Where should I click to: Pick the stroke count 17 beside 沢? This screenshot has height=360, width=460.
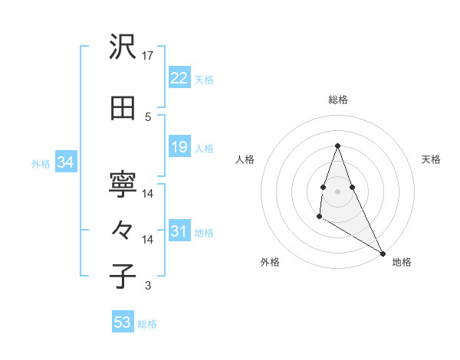point(149,56)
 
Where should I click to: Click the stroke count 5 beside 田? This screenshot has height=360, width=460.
point(148,116)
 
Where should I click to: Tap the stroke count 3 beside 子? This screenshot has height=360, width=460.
point(148,286)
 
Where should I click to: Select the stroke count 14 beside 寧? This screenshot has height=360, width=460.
point(148,194)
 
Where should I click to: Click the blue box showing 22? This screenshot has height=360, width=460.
point(179,79)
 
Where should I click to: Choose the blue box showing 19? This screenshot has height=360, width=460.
point(179,147)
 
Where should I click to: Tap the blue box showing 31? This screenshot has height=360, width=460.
point(179,231)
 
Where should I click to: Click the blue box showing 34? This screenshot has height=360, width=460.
point(65,162)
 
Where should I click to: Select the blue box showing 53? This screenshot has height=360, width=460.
point(122,322)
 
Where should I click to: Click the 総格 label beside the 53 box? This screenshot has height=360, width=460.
point(148,324)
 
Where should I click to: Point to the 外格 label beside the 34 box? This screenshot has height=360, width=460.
point(41,163)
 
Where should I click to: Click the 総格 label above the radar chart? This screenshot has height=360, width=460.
point(337,100)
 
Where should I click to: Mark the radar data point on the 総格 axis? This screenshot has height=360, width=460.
point(337,146)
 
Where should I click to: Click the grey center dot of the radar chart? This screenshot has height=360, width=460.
point(337,191)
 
